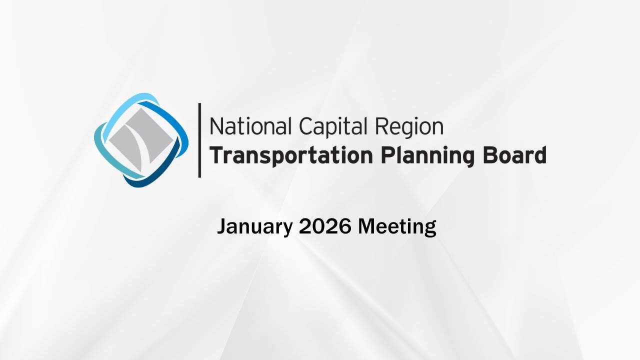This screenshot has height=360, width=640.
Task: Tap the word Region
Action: click(409, 127)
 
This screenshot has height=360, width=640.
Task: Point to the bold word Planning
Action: click(423, 156)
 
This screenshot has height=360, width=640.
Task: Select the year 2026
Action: click(325, 227)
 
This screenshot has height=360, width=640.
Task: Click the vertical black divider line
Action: click(199, 140)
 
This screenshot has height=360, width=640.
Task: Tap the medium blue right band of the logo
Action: click(177, 130)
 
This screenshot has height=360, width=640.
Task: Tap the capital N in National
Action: click(215, 126)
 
